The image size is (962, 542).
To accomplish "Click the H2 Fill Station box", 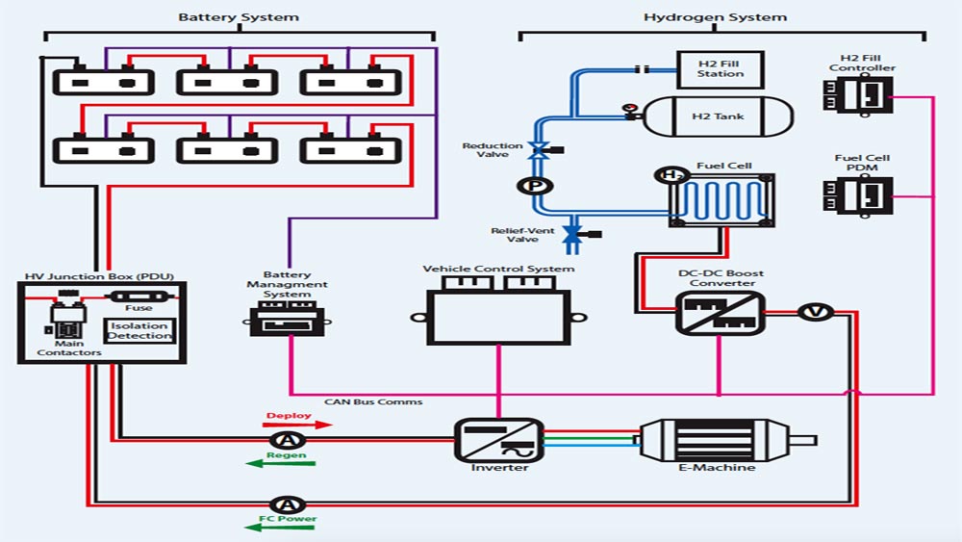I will pyautogui.click(x=720, y=69).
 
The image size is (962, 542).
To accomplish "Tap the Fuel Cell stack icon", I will pyautogui.click(x=721, y=200).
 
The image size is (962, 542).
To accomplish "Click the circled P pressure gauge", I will pyautogui.click(x=530, y=186).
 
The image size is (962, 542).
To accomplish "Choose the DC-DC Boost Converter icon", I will pyautogui.click(x=720, y=314).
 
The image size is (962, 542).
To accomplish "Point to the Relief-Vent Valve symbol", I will pyautogui.click(x=575, y=234).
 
